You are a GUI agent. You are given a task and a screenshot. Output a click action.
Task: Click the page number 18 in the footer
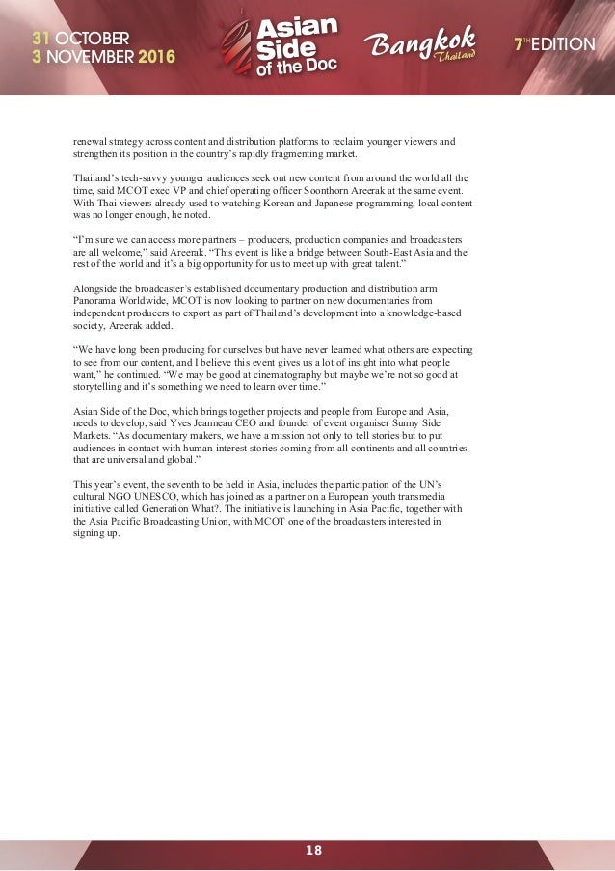coord(313,850)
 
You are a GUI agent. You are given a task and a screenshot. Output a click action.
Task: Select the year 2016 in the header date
coord(157,57)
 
